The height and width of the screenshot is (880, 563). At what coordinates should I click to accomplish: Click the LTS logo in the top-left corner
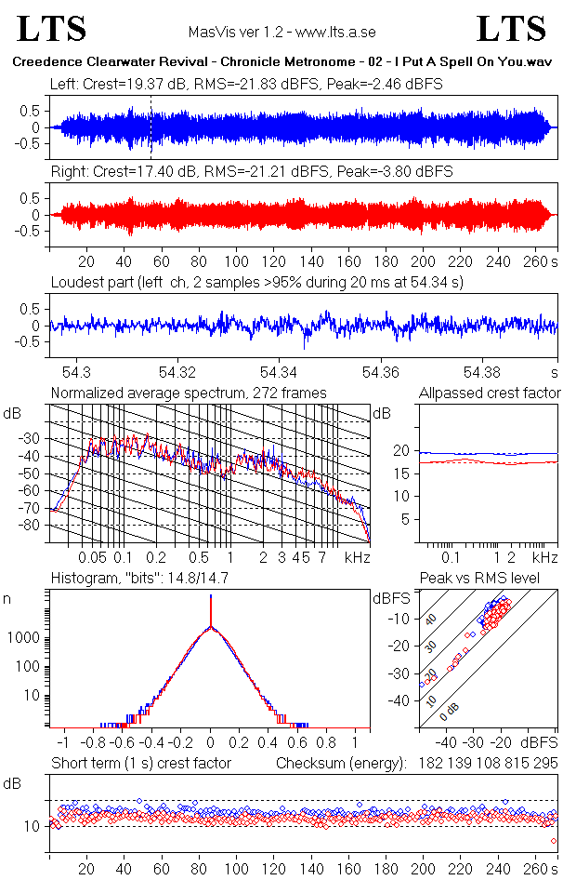tap(52, 29)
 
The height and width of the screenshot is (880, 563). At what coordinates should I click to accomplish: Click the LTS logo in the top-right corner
tap(511, 29)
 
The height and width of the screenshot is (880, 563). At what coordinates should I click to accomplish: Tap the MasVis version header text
tap(281, 32)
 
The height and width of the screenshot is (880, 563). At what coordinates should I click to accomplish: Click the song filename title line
tap(281, 62)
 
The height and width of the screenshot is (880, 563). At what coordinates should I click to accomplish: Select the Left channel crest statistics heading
tap(246, 84)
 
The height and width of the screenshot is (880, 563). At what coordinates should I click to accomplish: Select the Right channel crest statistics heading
tap(251, 172)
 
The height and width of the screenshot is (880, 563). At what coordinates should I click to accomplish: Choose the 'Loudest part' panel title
tap(256, 282)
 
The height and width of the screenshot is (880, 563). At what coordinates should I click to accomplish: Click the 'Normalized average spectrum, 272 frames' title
tap(189, 393)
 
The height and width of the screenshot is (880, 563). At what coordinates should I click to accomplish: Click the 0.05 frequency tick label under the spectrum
tap(92, 557)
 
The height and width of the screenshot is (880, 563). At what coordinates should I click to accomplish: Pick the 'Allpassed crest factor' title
tap(490, 393)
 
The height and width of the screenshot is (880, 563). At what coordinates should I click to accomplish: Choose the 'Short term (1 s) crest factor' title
tap(140, 764)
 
